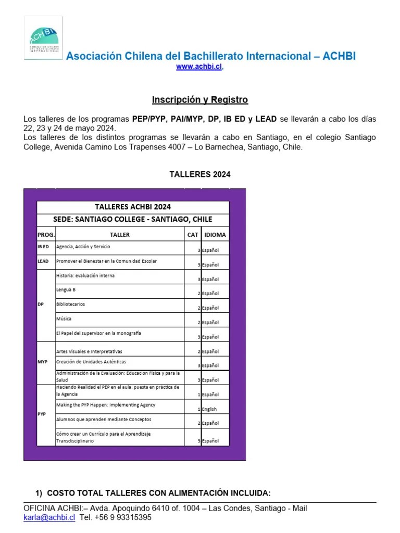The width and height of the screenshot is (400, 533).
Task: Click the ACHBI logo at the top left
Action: click(44, 37)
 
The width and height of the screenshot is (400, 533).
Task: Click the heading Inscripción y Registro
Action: click(200, 99)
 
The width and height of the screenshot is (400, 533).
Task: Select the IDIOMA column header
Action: click(215, 235)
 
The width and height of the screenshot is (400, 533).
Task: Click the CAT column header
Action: click(193, 235)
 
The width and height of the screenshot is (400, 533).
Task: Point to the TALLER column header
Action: click(120, 235)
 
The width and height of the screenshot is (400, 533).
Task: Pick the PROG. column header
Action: click(46, 235)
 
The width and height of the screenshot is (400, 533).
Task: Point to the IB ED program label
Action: click(43, 247)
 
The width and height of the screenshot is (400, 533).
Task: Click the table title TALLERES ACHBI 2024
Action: click(133, 207)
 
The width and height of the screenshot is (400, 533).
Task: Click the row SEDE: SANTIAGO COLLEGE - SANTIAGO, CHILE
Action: click(133, 219)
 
